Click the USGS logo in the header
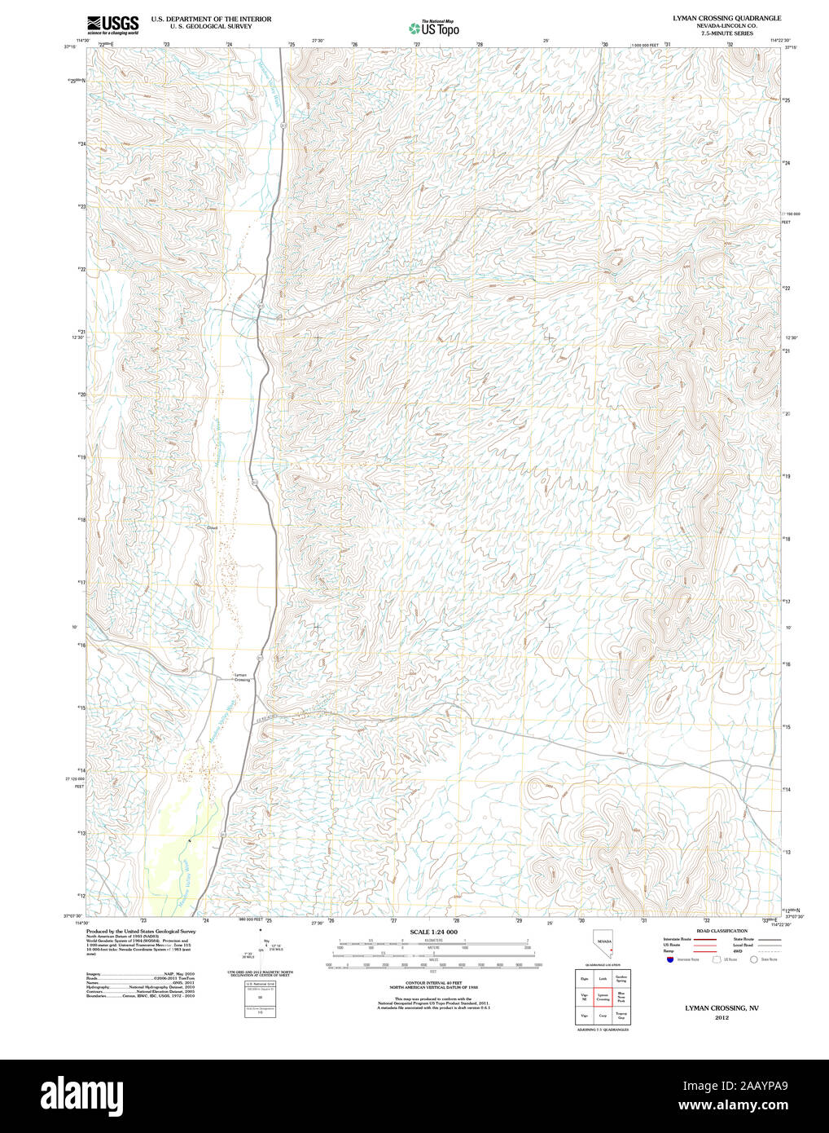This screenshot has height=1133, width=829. pyautogui.click(x=112, y=23)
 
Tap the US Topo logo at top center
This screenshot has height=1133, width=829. pyautogui.click(x=435, y=28)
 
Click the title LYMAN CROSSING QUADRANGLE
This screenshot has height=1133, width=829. pyautogui.click(x=726, y=18)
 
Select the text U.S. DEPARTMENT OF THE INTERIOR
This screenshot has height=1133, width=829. pyautogui.click(x=211, y=18)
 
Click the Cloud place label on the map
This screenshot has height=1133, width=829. pyautogui.click(x=213, y=528)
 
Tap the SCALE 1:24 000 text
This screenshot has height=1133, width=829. pyautogui.click(x=433, y=932)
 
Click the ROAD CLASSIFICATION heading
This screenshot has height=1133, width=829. pyautogui.click(x=722, y=931)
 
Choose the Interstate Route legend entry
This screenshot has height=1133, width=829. pyautogui.click(x=677, y=939)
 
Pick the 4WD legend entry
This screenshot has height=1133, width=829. pyautogui.click(x=738, y=951)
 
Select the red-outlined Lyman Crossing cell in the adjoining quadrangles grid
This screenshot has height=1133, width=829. pyautogui.click(x=603, y=997)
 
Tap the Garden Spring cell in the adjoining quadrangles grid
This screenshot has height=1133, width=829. pyautogui.click(x=621, y=979)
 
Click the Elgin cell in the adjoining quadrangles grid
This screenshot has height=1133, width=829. pyautogui.click(x=584, y=979)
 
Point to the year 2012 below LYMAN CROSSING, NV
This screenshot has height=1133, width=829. pyautogui.click(x=722, y=1018)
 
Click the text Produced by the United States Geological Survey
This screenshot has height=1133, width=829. pyautogui.click(x=141, y=931)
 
